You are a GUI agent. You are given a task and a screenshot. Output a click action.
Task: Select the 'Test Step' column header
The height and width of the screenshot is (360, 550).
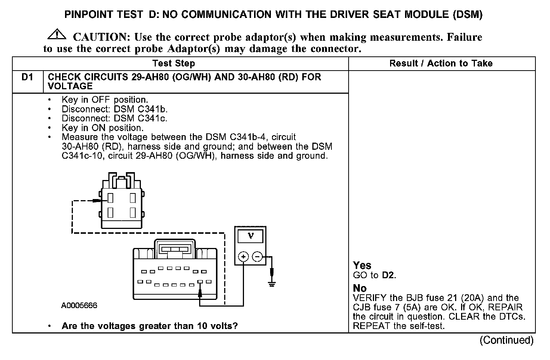[x=174, y=63]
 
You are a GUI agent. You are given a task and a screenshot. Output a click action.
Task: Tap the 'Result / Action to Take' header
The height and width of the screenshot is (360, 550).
[x=441, y=63]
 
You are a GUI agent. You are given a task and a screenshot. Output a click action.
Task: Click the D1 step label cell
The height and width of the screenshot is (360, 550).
[x=27, y=77]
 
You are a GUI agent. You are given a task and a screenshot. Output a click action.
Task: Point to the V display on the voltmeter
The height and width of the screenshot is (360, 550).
[x=250, y=236]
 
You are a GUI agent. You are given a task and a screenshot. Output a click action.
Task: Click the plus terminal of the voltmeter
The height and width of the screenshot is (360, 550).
[x=243, y=257]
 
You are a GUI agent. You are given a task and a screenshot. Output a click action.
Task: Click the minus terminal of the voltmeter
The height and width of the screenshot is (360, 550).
[x=257, y=257]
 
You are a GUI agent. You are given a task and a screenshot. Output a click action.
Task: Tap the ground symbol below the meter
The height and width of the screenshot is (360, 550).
[x=272, y=284]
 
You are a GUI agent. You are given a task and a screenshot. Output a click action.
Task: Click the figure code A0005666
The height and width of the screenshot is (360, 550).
[x=79, y=305]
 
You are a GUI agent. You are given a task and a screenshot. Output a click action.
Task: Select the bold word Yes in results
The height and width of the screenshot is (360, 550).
[x=362, y=266]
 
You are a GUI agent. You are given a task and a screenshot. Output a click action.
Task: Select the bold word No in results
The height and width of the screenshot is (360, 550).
[x=360, y=288]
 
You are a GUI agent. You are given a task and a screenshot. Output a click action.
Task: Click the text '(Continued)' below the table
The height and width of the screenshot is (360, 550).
[x=507, y=340]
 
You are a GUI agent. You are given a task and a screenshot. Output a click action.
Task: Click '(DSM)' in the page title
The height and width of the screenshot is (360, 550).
[x=467, y=15]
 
